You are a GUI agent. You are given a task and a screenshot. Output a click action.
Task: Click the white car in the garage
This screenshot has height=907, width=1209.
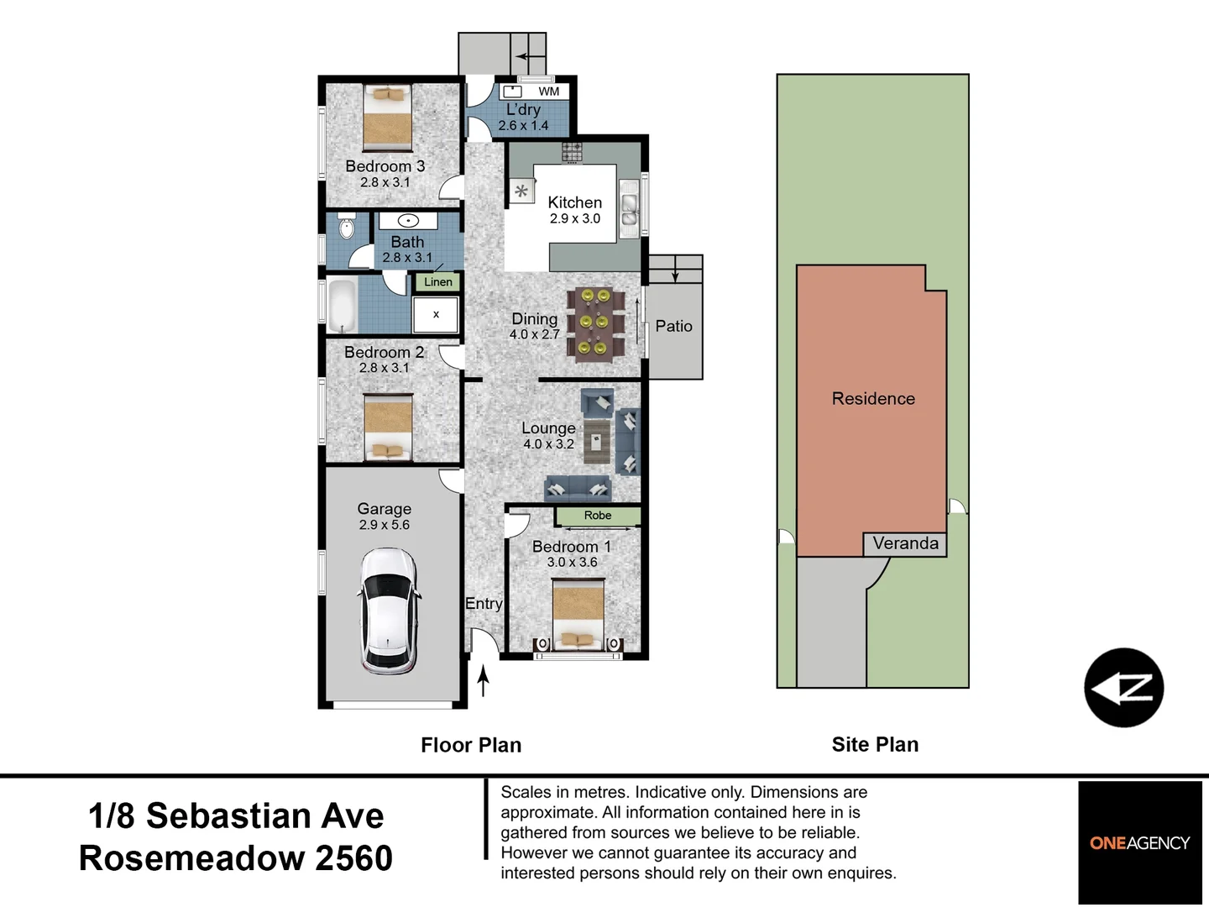pyautogui.click(x=388, y=611)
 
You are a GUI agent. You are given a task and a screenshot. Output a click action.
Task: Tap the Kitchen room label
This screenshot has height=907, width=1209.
pyautogui.click(x=574, y=202)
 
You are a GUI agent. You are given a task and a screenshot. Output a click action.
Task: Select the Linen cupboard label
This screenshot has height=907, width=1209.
pyautogui.click(x=438, y=282)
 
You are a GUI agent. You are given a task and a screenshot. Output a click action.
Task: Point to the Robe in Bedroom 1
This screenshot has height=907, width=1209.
pyautogui.click(x=598, y=516)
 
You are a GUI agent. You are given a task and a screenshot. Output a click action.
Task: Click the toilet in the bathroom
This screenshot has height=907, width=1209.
pyautogui.click(x=347, y=226)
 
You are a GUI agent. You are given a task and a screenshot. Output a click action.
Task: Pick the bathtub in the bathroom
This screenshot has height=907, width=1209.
pyautogui.click(x=342, y=305)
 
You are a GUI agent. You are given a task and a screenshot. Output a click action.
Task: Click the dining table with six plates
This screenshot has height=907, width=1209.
pyautogui.click(x=595, y=324)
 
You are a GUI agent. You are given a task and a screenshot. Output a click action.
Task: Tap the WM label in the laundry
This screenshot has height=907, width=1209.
pyautogui.click(x=548, y=92)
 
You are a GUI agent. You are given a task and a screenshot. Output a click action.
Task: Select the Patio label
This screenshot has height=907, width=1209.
pyautogui.click(x=673, y=326)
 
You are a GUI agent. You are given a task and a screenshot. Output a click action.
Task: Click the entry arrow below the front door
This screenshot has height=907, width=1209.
pyautogui.click(x=483, y=680)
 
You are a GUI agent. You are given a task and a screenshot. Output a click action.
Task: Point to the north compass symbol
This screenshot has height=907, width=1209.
pyautogui.click(x=1123, y=688)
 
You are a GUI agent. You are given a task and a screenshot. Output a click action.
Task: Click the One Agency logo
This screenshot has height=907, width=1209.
pyautogui.click(x=1139, y=842)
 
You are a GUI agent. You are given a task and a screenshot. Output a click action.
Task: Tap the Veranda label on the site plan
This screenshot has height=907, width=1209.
pyautogui.click(x=906, y=543)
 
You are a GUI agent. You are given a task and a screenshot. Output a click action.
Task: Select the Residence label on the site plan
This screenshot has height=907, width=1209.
pyautogui.click(x=873, y=398)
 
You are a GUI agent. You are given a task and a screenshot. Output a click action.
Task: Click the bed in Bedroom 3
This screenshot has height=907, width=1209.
pyautogui.click(x=388, y=118)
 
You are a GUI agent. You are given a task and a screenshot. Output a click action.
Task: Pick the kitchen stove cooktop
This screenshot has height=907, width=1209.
pyautogui.click(x=572, y=152)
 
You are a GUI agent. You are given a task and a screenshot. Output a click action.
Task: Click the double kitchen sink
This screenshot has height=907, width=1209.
pyautogui.click(x=629, y=209)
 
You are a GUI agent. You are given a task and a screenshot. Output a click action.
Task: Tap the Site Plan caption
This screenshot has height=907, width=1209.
pyautogui.click(x=875, y=745)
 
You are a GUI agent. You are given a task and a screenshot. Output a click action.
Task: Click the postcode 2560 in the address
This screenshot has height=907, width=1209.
pyautogui.click(x=353, y=858)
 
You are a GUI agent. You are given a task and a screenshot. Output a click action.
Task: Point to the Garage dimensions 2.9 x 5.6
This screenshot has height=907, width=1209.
pyautogui.click(x=385, y=525)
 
